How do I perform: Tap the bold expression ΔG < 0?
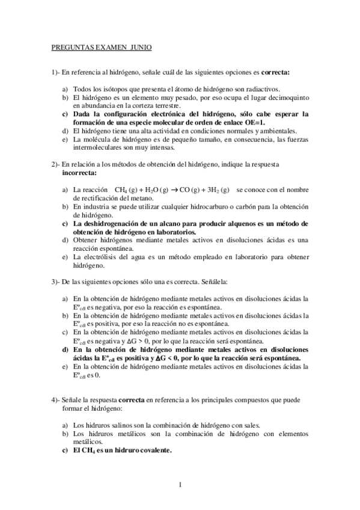coord(171,358)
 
